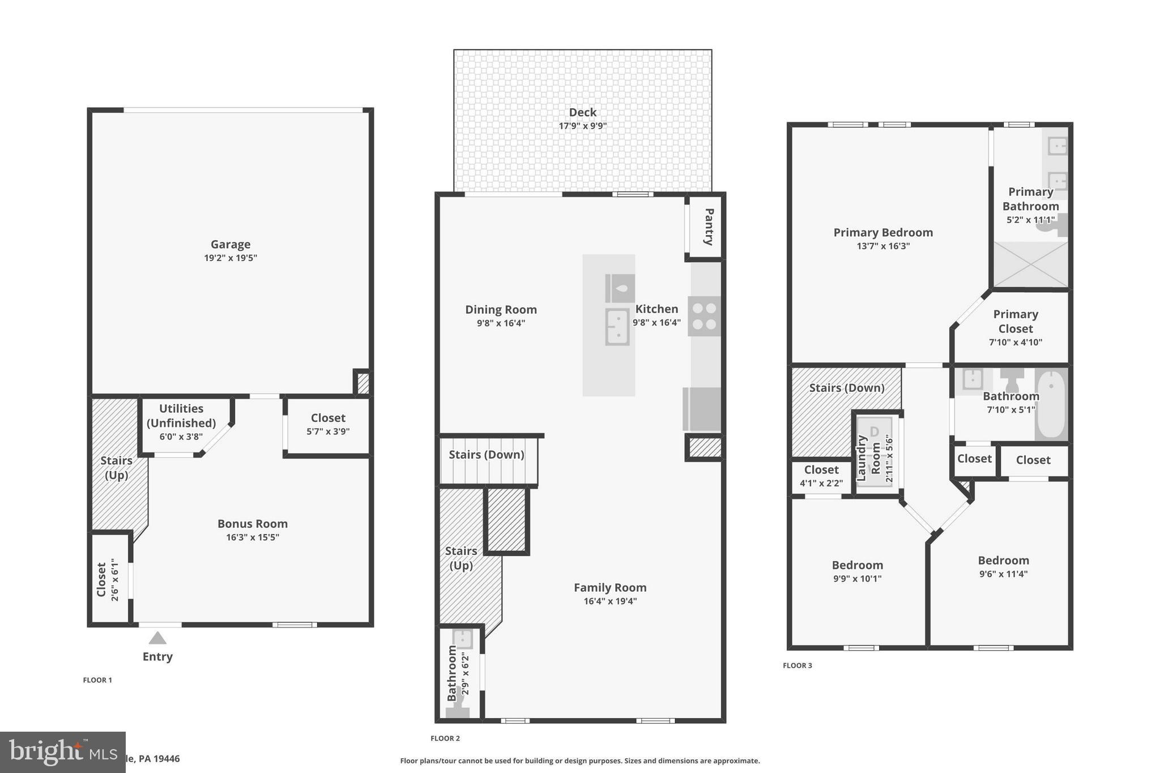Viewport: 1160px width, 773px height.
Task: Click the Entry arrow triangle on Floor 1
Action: pyautogui.click(x=157, y=638)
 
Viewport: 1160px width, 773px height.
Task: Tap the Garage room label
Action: pyautogui.click(x=231, y=244)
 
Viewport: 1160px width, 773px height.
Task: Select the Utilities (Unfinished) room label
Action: pyautogui.click(x=181, y=416)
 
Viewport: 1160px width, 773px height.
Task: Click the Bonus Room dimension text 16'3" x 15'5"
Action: pyautogui.click(x=253, y=537)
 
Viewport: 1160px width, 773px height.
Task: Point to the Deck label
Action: pyautogui.click(x=583, y=112)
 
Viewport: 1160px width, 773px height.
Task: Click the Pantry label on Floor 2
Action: pyautogui.click(x=709, y=227)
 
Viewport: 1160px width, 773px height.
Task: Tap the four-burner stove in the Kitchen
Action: pyautogui.click(x=705, y=316)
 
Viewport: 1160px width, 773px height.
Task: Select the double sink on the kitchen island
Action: pyautogui.click(x=617, y=327)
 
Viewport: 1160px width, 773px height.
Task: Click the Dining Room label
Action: pyautogui.click(x=501, y=310)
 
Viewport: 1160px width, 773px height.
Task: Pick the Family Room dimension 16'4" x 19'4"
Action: pyautogui.click(x=610, y=601)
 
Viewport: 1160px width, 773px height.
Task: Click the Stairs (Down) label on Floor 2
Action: pyautogui.click(x=486, y=455)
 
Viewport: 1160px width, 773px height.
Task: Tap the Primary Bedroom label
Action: pyautogui.click(x=883, y=232)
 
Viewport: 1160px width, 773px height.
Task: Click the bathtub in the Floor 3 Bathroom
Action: pyautogui.click(x=1051, y=404)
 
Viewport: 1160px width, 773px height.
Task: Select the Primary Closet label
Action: pyautogui.click(x=1016, y=321)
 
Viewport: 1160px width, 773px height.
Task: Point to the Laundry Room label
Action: pyautogui.click(x=868, y=458)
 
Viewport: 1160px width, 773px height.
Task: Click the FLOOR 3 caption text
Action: pyautogui.click(x=797, y=665)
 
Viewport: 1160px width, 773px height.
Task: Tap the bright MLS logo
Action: pyautogui.click(x=62, y=752)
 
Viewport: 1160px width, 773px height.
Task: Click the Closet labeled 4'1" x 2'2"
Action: pyautogui.click(x=821, y=476)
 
